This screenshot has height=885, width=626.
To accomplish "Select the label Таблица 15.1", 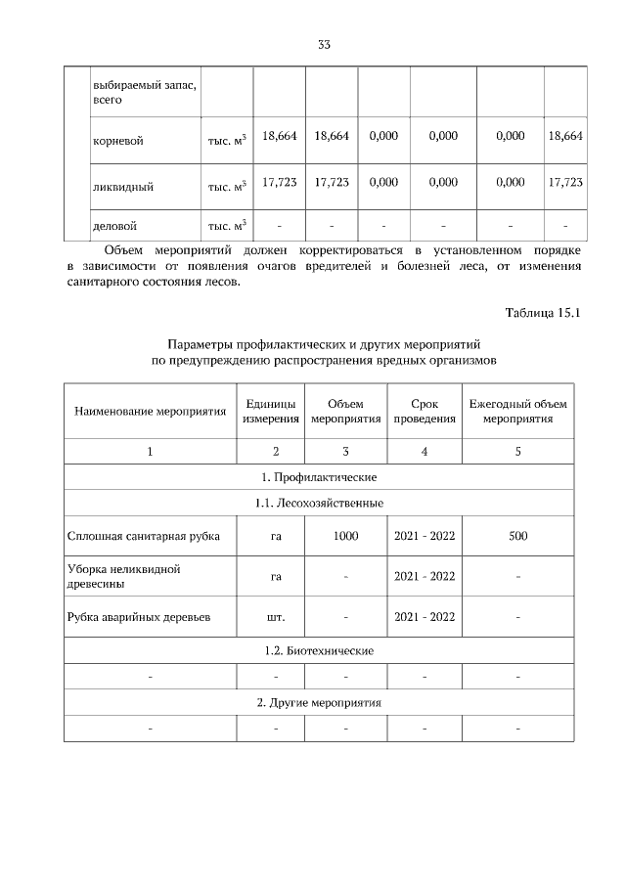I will [x=543, y=313].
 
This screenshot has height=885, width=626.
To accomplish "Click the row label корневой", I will [x=117, y=141].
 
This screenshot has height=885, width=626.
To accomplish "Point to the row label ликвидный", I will [x=122, y=183].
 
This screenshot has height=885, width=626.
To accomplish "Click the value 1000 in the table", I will [x=345, y=536].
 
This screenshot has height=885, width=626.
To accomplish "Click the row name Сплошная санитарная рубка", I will [x=144, y=536].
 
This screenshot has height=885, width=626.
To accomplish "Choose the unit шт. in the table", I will [x=276, y=617].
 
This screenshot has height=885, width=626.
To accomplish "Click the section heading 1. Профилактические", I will [x=319, y=477].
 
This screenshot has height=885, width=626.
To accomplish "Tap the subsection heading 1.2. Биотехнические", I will [x=319, y=650].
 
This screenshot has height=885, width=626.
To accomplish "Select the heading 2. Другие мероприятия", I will [x=319, y=703].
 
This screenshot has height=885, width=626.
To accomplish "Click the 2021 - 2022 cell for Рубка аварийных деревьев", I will [x=424, y=617].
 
